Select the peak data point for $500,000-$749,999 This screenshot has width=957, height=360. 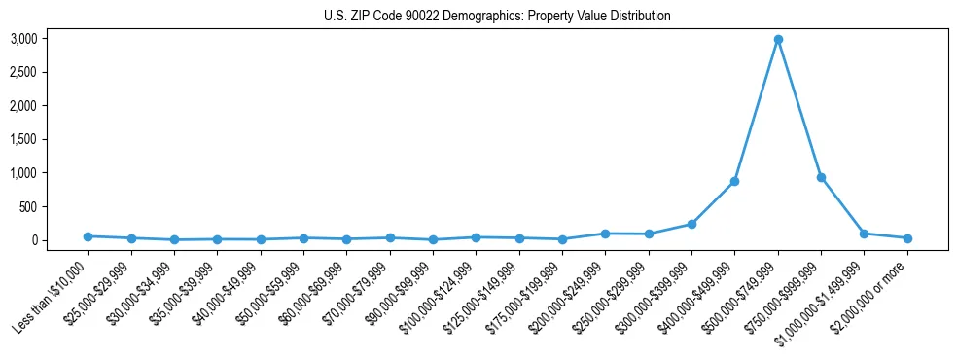(x=778, y=40)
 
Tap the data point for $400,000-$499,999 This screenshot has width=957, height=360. (x=734, y=182)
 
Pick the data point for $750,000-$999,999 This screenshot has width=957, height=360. (x=821, y=178)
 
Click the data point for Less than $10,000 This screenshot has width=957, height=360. (x=88, y=236)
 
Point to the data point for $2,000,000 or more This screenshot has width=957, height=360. (x=907, y=238)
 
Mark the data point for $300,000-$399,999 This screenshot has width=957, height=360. (x=691, y=224)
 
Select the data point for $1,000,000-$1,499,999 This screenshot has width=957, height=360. (x=864, y=234)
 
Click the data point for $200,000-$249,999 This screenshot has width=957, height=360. (x=605, y=234)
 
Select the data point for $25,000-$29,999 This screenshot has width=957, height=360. (x=131, y=238)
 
